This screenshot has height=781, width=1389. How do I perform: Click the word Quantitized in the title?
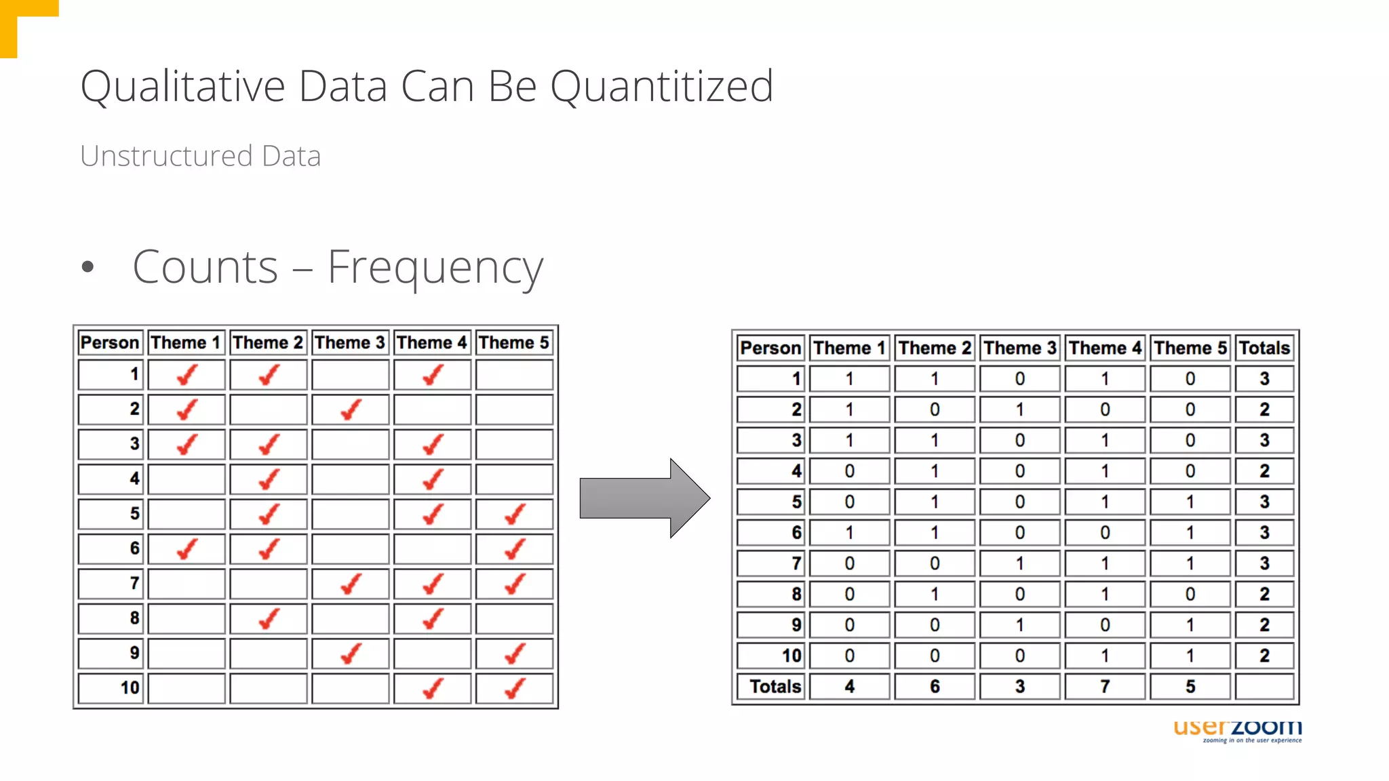pyautogui.click(x=661, y=87)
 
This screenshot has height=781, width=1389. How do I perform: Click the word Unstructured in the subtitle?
pyautogui.click(x=166, y=157)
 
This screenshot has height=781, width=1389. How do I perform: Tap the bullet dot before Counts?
pyautogui.click(x=87, y=266)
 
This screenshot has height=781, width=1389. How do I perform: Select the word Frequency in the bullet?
pyautogui.click(x=435, y=268)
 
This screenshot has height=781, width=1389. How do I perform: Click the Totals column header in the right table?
pyautogui.click(x=1264, y=348)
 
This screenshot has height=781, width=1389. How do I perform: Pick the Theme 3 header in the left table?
pyautogui.click(x=349, y=342)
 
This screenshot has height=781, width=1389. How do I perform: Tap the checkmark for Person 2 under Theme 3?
pyautogui.click(x=351, y=409)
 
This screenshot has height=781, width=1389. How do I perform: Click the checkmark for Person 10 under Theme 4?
pyautogui.click(x=433, y=689)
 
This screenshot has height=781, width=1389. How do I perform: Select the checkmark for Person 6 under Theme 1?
pyautogui.click(x=187, y=549)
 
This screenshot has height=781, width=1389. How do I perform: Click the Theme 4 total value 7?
pyautogui.click(x=1105, y=687)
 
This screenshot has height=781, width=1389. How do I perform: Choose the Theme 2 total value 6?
pyautogui.click(x=935, y=687)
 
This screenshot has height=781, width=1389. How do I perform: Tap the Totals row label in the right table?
pyautogui.click(x=775, y=687)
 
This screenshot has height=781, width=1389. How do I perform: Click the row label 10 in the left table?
pyautogui.click(x=130, y=688)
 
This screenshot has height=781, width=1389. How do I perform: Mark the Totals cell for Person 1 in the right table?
pyautogui.click(x=1264, y=379)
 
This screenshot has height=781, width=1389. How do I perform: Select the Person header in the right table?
pyautogui.click(x=770, y=348)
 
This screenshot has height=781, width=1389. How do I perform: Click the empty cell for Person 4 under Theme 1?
pyautogui.click(x=187, y=479)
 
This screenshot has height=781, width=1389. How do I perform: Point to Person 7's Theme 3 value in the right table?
pyautogui.click(x=1019, y=563)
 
